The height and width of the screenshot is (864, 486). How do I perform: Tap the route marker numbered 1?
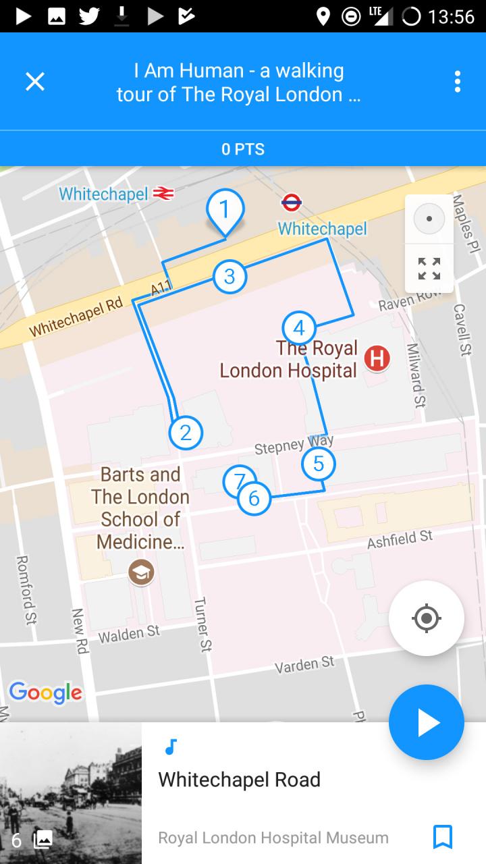(x=225, y=209)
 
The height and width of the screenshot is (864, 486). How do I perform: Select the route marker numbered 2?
(x=186, y=433)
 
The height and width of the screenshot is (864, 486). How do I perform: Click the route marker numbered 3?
(x=230, y=276)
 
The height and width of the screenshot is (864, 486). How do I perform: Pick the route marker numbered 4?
(x=299, y=329)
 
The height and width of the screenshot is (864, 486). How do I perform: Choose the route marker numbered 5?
(x=319, y=464)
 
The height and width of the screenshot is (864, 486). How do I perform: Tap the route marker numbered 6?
(x=254, y=498)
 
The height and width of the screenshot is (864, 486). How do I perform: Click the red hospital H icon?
(x=377, y=358)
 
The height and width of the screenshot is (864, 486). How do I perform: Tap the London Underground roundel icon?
(x=291, y=202)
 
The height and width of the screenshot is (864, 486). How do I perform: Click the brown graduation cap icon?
(x=141, y=573)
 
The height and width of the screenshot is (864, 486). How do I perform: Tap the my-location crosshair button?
(x=426, y=618)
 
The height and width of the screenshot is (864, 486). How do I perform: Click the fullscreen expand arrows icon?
(x=429, y=269)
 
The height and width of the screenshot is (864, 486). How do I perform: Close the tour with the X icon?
(x=35, y=82)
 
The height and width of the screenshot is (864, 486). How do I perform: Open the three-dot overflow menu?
(x=457, y=82)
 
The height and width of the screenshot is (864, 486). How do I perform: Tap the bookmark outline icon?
(x=442, y=837)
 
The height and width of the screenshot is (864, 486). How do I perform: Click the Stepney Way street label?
(x=294, y=445)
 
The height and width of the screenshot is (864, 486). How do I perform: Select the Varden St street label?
(x=304, y=665)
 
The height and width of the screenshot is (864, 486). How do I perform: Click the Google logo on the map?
(x=45, y=693)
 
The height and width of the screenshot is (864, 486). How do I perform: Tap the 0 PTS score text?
(x=243, y=149)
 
